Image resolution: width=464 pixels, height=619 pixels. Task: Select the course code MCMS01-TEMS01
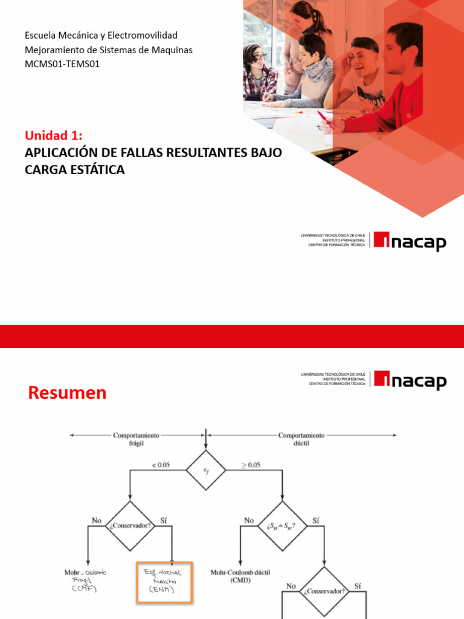[x=62, y=63]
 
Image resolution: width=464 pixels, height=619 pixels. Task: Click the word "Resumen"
[x=67, y=393]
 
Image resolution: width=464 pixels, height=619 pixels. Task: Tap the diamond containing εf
[x=206, y=470]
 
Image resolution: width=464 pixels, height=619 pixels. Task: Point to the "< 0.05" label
[x=160, y=464]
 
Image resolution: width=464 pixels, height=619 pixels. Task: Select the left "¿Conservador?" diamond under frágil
[x=129, y=525]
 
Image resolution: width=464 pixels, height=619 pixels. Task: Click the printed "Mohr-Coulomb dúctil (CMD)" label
[x=239, y=575]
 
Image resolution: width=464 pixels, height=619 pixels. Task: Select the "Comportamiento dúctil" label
[x=301, y=438]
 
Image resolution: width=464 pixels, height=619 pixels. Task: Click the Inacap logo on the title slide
[x=410, y=241]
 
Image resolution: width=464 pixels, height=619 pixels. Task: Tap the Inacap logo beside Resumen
[x=410, y=380]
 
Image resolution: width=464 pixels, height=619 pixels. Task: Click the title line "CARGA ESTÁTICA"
[x=75, y=170]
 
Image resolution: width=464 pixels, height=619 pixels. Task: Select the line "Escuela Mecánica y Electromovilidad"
[x=101, y=36]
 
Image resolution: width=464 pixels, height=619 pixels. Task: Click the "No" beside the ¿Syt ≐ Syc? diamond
[x=249, y=520]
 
